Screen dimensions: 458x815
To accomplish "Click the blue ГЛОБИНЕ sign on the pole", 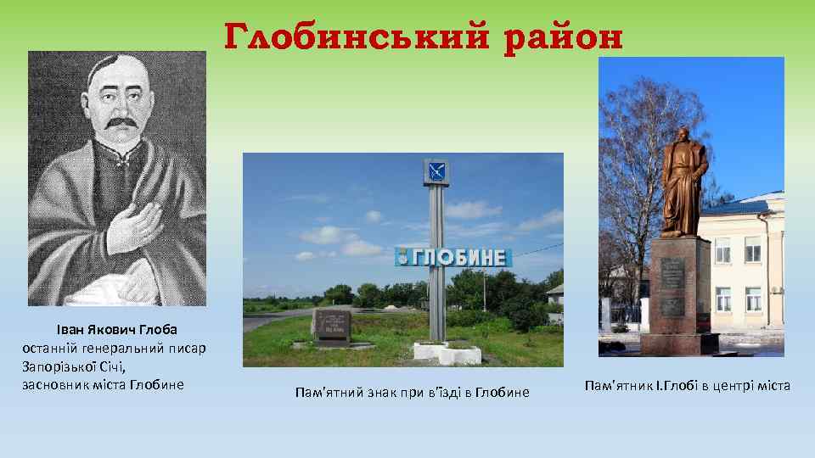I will [x=454, y=257].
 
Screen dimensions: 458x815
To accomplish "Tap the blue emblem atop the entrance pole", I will [x=436, y=172].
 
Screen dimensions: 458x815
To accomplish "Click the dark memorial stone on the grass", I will [x=332, y=326].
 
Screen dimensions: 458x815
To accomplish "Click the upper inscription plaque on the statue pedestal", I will [x=672, y=274].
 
